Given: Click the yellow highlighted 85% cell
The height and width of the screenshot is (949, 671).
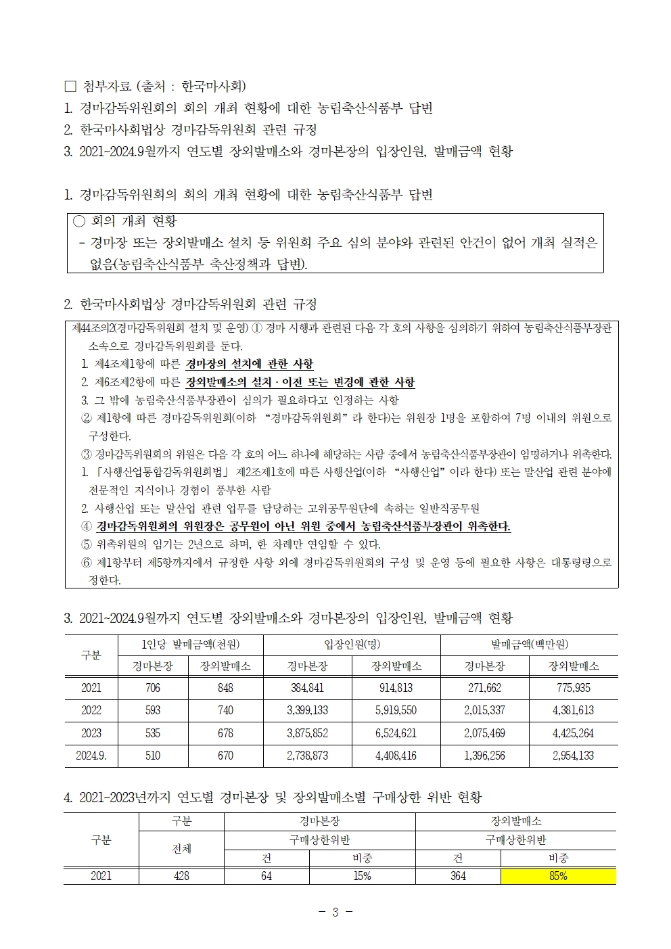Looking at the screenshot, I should pyautogui.click(x=558, y=876).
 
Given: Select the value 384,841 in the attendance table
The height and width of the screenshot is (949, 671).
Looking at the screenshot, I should pyautogui.click(x=307, y=688).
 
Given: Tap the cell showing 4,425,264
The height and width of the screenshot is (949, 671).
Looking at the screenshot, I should pyautogui.click(x=573, y=733).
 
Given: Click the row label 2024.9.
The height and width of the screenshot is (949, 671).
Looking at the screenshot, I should pyautogui.click(x=91, y=756).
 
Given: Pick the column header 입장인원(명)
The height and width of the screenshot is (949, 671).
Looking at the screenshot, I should pyautogui.click(x=352, y=645).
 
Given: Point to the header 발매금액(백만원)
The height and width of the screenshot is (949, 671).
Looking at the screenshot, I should pyautogui.click(x=529, y=645).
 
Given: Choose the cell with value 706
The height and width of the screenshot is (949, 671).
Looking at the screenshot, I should pyautogui.click(x=153, y=688).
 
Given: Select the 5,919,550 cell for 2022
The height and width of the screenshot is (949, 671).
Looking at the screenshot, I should pyautogui.click(x=396, y=710).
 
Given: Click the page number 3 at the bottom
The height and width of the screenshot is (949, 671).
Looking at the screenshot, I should pyautogui.click(x=335, y=912).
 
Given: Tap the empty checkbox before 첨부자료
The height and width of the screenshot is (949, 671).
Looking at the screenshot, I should pyautogui.click(x=70, y=86).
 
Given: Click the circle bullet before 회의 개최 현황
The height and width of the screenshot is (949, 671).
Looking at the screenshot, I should pyautogui.click(x=79, y=221).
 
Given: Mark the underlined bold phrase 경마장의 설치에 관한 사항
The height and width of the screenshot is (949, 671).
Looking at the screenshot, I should pyautogui.click(x=250, y=364).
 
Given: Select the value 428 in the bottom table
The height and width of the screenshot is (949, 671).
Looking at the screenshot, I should pyautogui.click(x=181, y=876).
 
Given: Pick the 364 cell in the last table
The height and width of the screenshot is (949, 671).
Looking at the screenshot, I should pyautogui.click(x=458, y=876).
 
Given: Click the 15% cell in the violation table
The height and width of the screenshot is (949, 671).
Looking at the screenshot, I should pyautogui.click(x=362, y=876).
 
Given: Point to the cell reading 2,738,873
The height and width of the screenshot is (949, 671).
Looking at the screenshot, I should pyautogui.click(x=307, y=756).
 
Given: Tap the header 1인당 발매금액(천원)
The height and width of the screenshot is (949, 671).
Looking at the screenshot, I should pyautogui.click(x=190, y=645).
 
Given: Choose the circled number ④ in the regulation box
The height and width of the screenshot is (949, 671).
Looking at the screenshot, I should pyautogui.click(x=86, y=526).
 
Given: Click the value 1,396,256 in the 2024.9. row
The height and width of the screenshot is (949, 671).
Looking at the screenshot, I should pyautogui.click(x=484, y=756).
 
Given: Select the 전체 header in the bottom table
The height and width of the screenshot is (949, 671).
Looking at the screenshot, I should pyautogui.click(x=181, y=848).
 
